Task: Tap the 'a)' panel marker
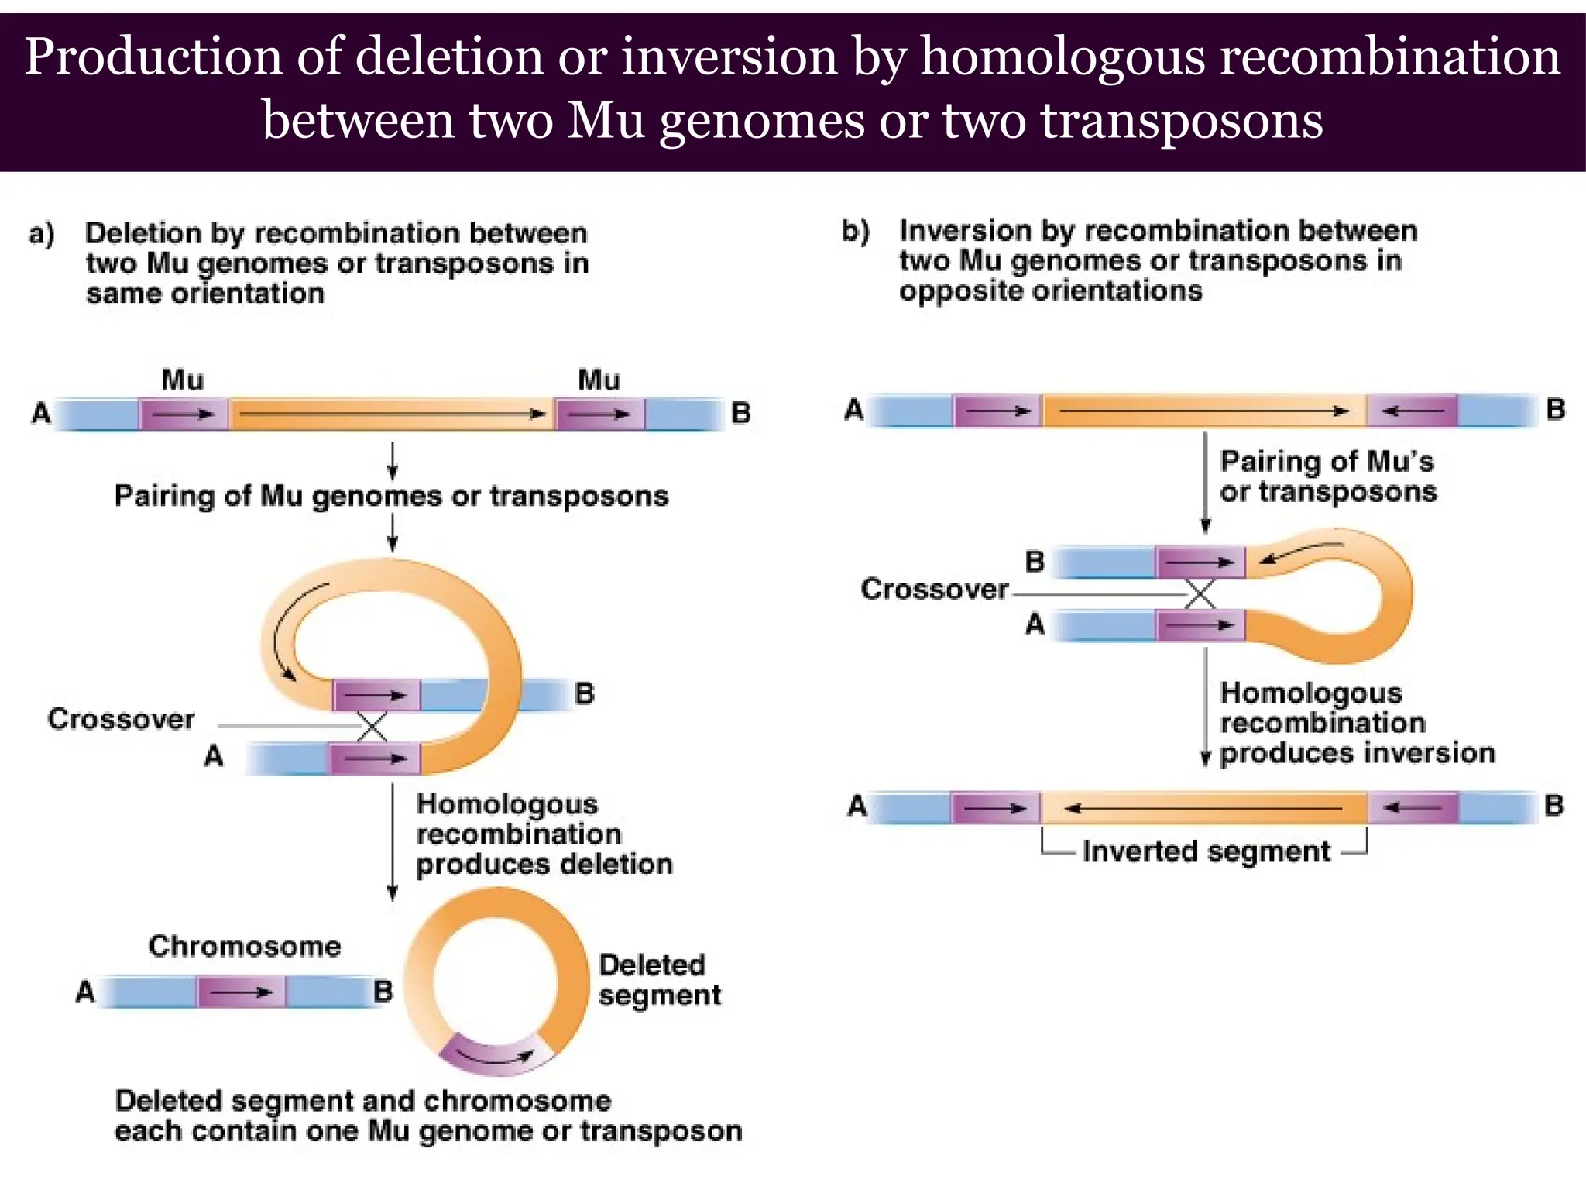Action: (42, 234)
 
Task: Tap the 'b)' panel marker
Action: (856, 231)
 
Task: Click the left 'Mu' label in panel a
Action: (183, 380)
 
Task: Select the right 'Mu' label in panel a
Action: (599, 380)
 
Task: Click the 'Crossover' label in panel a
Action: (121, 719)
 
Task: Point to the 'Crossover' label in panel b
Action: (934, 590)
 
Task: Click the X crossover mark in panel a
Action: (372, 727)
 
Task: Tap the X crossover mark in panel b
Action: (1200, 594)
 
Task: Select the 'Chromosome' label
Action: (245, 946)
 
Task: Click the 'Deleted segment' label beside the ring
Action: (659, 980)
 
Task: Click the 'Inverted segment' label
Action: (1206, 851)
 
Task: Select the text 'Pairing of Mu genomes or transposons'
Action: (391, 496)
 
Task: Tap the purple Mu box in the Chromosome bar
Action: (241, 992)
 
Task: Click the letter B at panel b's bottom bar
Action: (1553, 806)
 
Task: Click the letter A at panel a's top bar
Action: (41, 414)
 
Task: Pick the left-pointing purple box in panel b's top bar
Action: (1412, 411)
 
